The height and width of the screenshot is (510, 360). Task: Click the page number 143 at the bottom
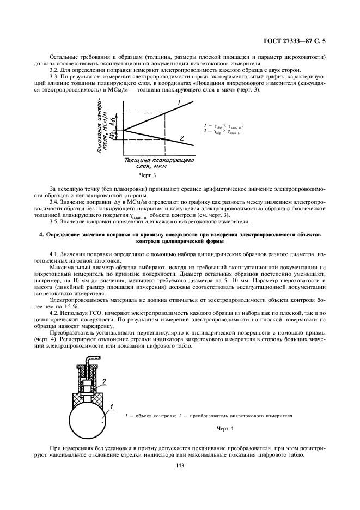click(179, 465)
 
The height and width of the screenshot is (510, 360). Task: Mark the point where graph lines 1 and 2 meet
click(125, 130)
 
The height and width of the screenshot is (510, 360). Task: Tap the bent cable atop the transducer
click(87, 359)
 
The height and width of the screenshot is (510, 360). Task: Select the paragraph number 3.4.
click(54, 202)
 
